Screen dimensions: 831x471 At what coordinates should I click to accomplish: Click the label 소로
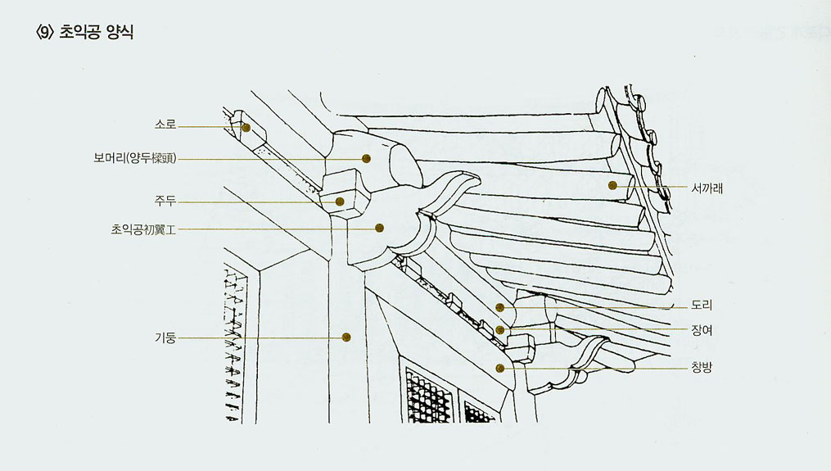click(x=165, y=125)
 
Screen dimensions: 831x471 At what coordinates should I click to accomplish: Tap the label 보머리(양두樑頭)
click(x=134, y=158)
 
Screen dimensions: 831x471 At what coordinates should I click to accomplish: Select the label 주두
click(x=165, y=201)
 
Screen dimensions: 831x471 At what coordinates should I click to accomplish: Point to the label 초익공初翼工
click(x=143, y=229)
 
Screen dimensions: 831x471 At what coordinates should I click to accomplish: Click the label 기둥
click(x=165, y=337)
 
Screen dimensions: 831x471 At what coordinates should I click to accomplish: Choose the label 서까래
click(x=707, y=188)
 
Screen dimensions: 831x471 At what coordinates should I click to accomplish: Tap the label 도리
click(x=702, y=306)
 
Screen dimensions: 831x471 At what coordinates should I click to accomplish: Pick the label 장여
click(x=702, y=330)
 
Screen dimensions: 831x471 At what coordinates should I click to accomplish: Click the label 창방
click(x=702, y=367)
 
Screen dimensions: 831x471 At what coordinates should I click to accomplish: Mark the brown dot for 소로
click(x=246, y=127)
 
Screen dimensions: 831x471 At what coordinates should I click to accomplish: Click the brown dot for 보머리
click(x=366, y=158)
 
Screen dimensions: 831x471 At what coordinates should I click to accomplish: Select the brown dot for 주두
click(x=340, y=202)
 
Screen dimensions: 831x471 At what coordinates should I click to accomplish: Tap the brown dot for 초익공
click(x=379, y=228)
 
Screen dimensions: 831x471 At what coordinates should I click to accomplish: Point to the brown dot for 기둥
click(x=346, y=337)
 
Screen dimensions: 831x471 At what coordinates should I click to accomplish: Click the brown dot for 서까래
click(x=612, y=186)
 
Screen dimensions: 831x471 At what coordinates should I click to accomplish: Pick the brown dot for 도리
click(x=499, y=307)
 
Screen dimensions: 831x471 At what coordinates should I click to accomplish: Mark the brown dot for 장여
click(x=499, y=330)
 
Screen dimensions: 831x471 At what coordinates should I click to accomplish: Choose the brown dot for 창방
click(x=499, y=368)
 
